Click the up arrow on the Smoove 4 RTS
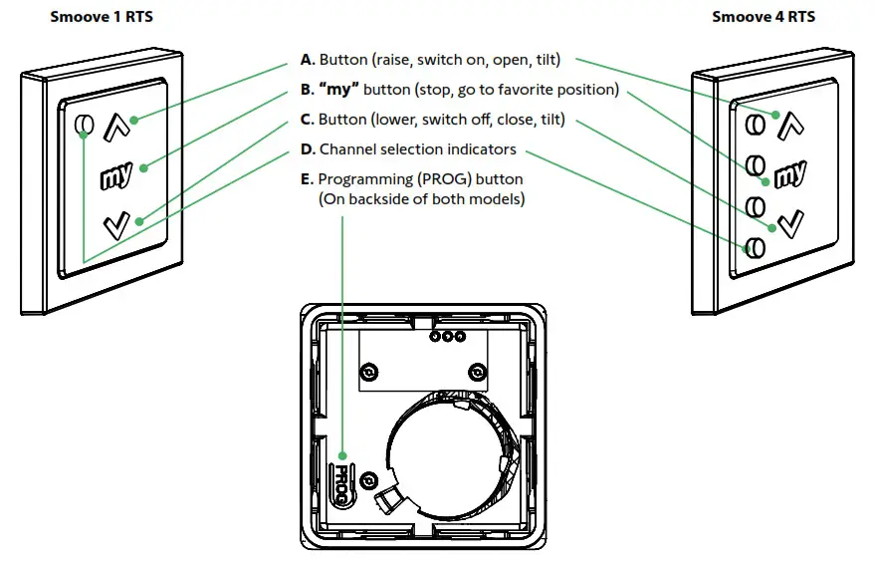coord(788,125)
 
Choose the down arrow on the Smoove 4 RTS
coord(789,224)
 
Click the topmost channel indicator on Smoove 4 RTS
coord(757,123)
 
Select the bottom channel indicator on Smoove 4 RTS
coord(756,246)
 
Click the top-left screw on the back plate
coord(370,372)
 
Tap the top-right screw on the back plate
coord(477,372)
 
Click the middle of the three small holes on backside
coord(447,337)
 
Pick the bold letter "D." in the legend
coord(308,149)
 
